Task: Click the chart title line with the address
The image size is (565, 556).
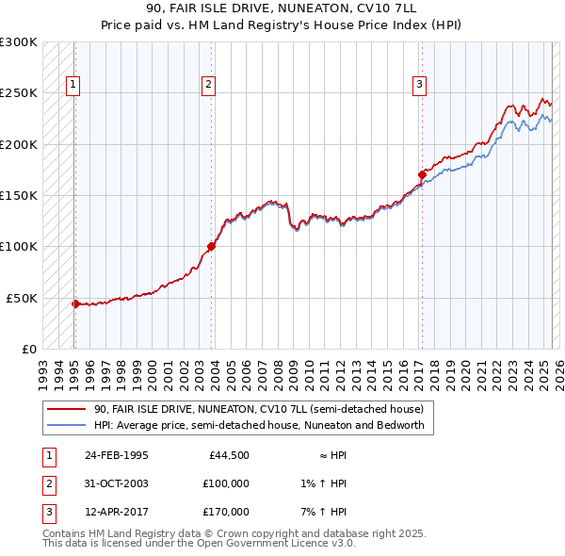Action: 282,8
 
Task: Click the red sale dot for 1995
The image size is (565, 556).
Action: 75,303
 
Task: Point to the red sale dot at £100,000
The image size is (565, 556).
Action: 212,247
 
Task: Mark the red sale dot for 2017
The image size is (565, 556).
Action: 423,174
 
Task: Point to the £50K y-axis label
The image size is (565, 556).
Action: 23,298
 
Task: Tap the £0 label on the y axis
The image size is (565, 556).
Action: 29,349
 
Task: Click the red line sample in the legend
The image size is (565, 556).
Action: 66,410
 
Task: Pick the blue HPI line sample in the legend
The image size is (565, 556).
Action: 66,425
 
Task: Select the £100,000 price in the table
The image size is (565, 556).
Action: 226,483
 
